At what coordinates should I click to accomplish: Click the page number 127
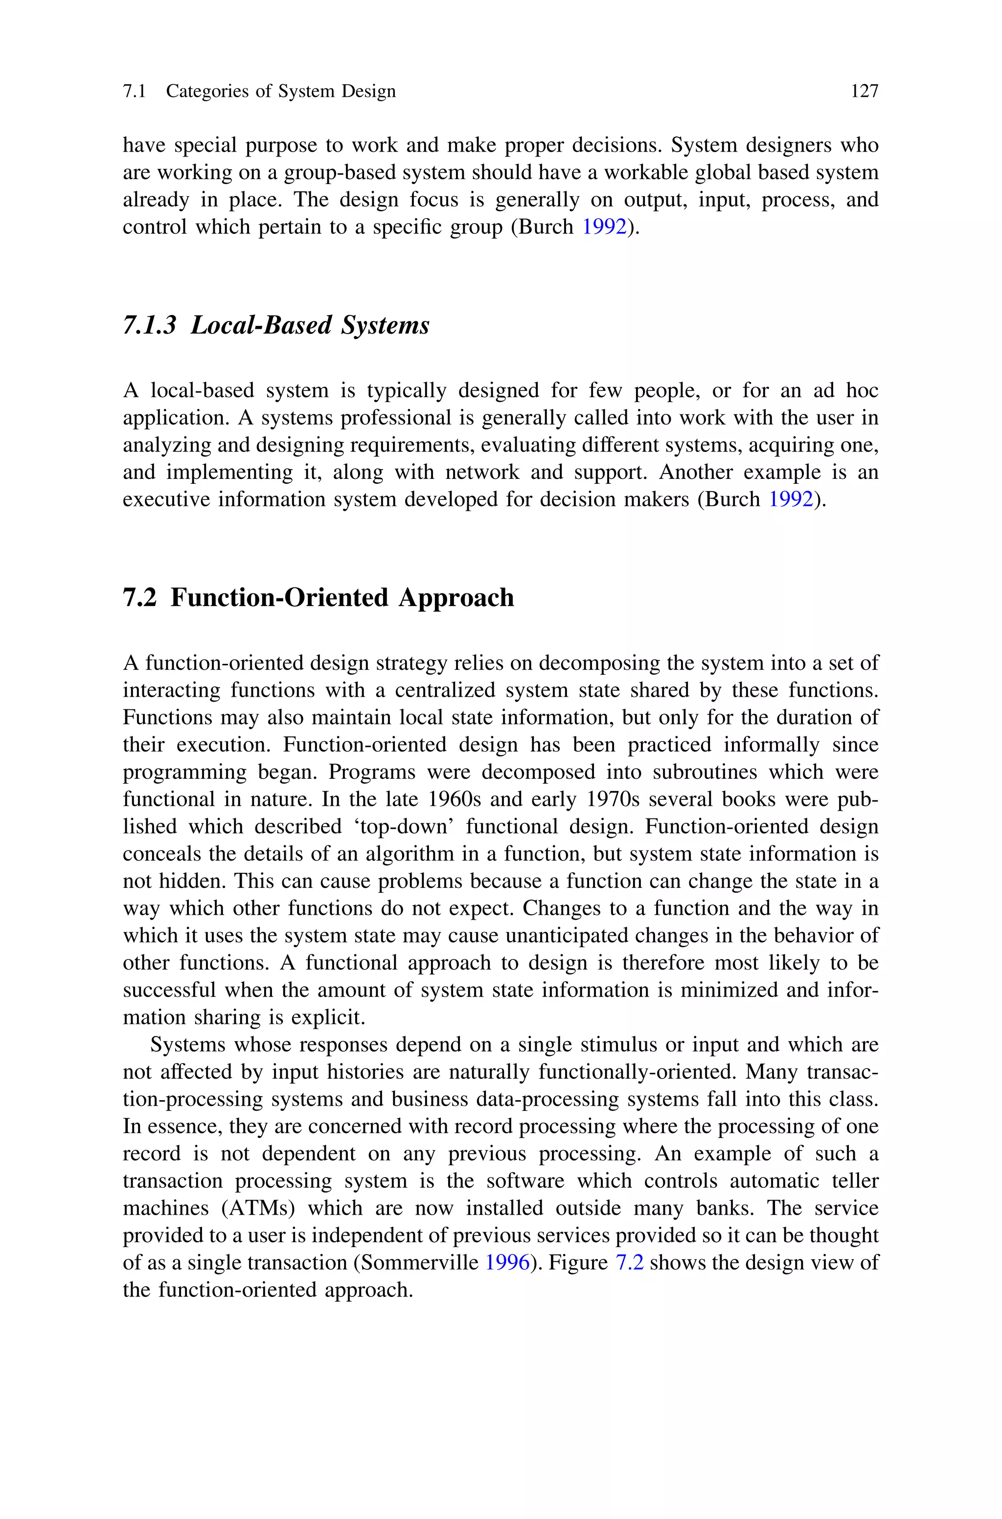tap(864, 91)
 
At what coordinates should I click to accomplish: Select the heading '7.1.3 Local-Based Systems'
tap(275, 325)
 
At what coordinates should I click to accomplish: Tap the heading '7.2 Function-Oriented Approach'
tap(318, 598)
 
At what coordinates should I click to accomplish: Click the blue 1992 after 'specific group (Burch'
tap(604, 227)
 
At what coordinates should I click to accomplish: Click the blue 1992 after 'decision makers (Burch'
tap(791, 499)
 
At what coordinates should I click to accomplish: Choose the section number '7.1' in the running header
tap(134, 91)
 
